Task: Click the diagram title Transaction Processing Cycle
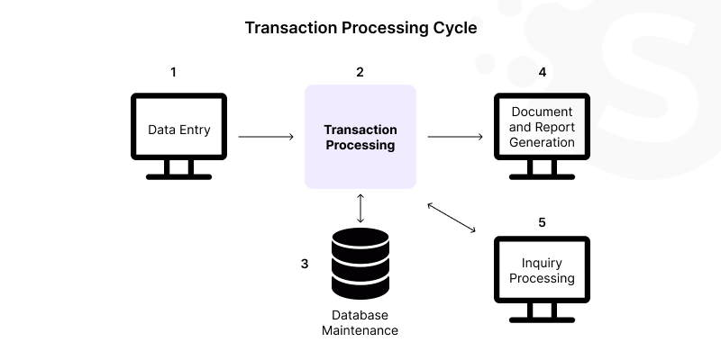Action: pyautogui.click(x=360, y=28)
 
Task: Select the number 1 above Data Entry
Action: pyautogui.click(x=173, y=72)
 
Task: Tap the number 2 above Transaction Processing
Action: pyautogui.click(x=360, y=72)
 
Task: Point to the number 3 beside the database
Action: pyautogui.click(x=305, y=265)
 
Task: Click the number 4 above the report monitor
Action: pyautogui.click(x=542, y=72)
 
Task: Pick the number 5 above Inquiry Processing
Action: pyautogui.click(x=542, y=221)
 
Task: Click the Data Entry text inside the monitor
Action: pyautogui.click(x=179, y=130)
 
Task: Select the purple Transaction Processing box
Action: pyautogui.click(x=360, y=137)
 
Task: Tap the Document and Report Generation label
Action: pyautogui.click(x=542, y=127)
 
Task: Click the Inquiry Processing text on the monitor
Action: pyautogui.click(x=542, y=271)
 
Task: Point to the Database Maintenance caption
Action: pyautogui.click(x=360, y=323)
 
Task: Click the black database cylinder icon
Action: pyautogui.click(x=360, y=264)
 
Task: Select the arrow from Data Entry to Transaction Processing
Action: pyautogui.click(x=266, y=137)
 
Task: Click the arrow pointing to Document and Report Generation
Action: pyautogui.click(x=454, y=137)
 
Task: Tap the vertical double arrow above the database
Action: pyautogui.click(x=360, y=207)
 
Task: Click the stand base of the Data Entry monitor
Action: pyautogui.click(x=179, y=175)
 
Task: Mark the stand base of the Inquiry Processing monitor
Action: pyautogui.click(x=542, y=319)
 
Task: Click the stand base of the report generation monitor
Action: pyautogui.click(x=542, y=175)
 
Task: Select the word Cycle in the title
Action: pyautogui.click(x=453, y=28)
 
